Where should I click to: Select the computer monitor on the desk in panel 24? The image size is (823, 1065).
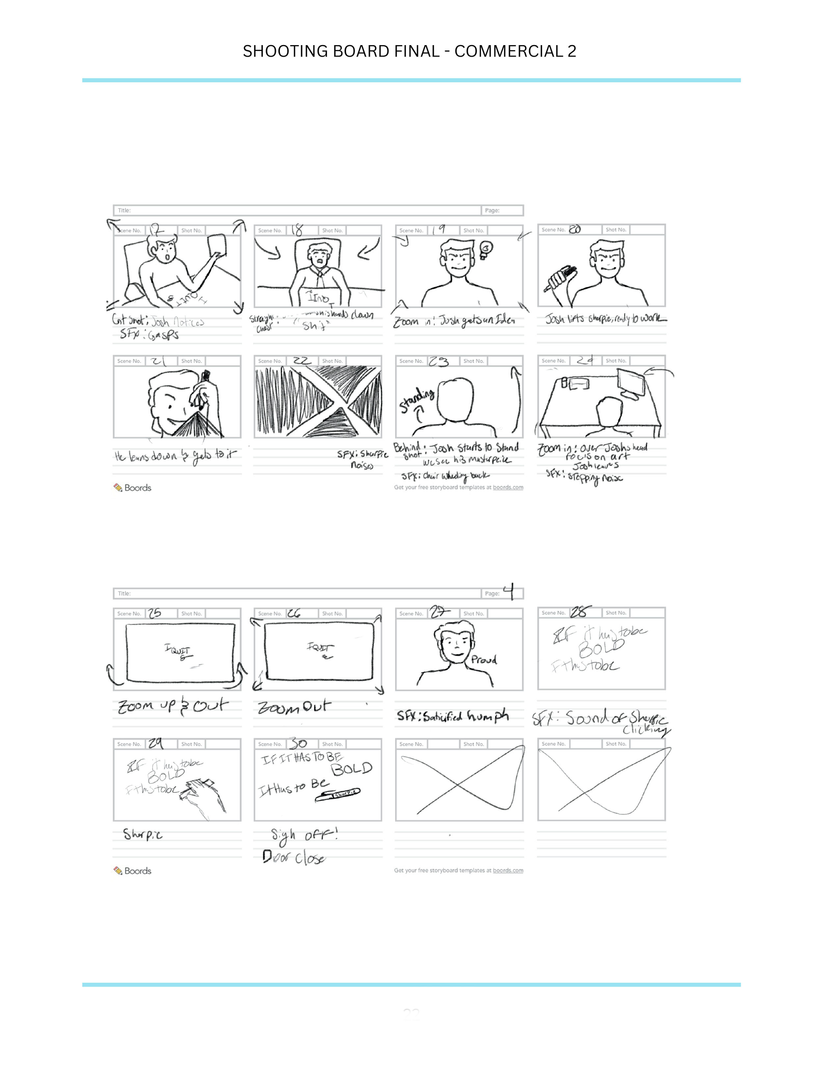pos(631,383)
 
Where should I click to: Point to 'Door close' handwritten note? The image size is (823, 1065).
pos(294,857)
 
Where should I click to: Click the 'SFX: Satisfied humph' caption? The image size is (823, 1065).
pos(452,716)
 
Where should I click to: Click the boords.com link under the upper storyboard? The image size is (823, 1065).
pos(508,487)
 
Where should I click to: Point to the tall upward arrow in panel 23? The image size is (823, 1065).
pos(516,400)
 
